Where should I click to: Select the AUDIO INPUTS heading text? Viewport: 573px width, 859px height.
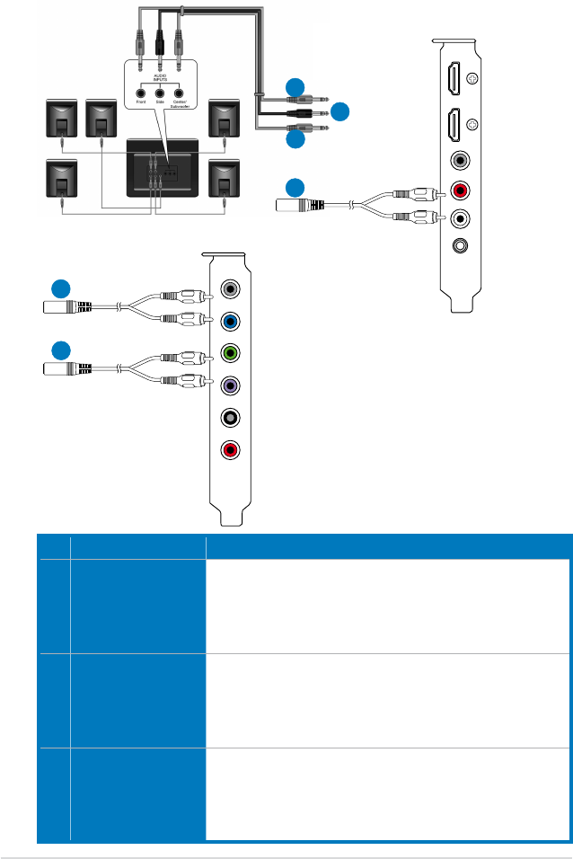[160, 78]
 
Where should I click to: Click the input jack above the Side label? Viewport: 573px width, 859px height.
[160, 92]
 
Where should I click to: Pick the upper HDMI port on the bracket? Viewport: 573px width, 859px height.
[454, 79]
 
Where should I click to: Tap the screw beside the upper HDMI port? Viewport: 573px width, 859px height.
[473, 78]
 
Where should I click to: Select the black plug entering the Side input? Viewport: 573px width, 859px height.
[160, 44]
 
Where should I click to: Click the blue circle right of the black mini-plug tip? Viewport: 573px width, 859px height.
[339, 112]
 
